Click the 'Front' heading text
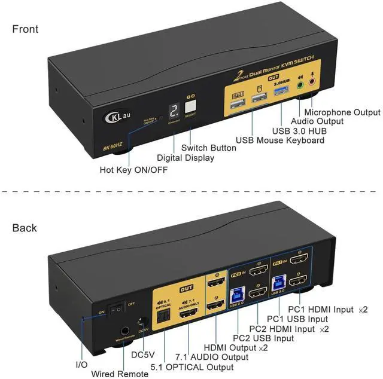pyautogui.click(x=25, y=29)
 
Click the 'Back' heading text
pyautogui.click(x=25, y=228)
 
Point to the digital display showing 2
pyautogui.click(x=174, y=109)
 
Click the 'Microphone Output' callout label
pyautogui.click(x=342, y=112)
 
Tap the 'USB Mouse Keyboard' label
pyautogui.click(x=280, y=140)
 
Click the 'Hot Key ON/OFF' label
pyautogui.click(x=133, y=170)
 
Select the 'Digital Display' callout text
pyautogui.click(x=185, y=158)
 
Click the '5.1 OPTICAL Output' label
pyautogui.click(x=191, y=367)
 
